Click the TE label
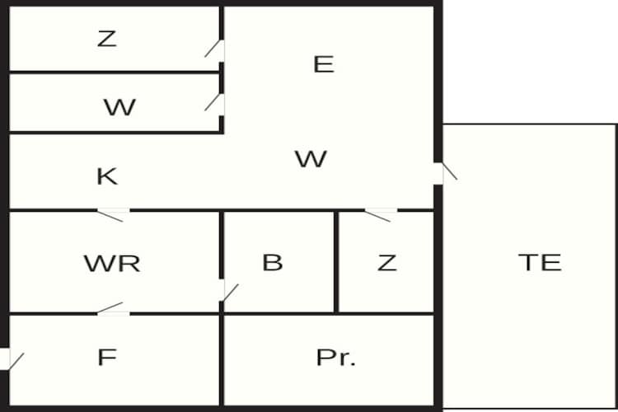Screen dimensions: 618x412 coord(540,262)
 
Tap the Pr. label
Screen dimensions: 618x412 coord(336,358)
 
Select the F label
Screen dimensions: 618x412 coord(107,357)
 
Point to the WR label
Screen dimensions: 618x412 coord(112,264)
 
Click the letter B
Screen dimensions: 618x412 coord(273,262)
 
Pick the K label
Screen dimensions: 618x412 coord(107,176)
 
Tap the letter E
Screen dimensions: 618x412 coord(324,64)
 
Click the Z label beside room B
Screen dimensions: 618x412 coord(386,263)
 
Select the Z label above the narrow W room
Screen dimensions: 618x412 coord(107,39)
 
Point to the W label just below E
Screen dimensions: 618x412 coord(311,159)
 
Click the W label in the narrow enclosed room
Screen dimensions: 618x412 coord(119,107)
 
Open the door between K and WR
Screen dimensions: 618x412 coord(113,214)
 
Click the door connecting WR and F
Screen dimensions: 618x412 coord(113,309)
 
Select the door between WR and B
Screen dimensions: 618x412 coord(227,291)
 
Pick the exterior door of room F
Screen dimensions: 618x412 coord(12,359)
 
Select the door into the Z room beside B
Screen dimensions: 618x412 coord(381,214)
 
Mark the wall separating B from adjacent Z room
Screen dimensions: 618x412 coord(336,262)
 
